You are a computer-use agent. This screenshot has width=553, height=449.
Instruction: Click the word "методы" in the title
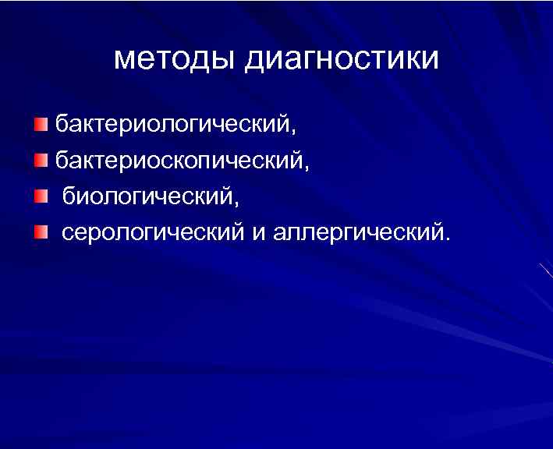click(x=175, y=60)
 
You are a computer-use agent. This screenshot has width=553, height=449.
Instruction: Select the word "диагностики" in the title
click(x=342, y=61)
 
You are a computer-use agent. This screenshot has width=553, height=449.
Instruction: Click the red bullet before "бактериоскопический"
click(x=41, y=161)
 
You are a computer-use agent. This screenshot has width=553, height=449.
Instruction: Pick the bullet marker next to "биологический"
click(x=41, y=196)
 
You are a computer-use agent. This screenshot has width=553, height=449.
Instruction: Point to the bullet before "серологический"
click(x=41, y=232)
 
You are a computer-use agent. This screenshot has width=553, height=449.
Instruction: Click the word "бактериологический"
click(x=170, y=124)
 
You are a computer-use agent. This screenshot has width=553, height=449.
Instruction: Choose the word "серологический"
click(x=153, y=232)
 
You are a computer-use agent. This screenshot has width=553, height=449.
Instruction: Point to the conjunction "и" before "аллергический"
click(x=259, y=233)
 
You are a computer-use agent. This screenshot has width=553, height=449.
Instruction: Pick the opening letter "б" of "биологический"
click(x=69, y=195)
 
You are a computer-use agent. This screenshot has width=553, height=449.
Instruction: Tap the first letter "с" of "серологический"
click(x=68, y=233)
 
